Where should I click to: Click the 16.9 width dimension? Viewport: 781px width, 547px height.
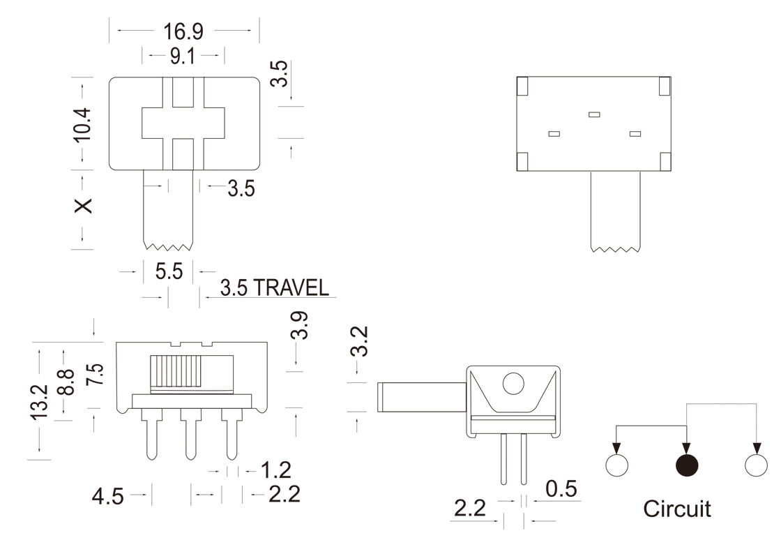pos(183,31)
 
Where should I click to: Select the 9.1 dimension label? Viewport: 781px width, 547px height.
pos(182,57)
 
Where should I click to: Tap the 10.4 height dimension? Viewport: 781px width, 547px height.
pos(83,125)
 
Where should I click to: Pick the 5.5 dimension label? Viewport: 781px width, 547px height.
pos(169,270)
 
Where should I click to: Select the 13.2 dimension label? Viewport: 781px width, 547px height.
pos(40,402)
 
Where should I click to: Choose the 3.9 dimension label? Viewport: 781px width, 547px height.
pos(300,325)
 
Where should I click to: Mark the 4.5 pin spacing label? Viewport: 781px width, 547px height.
pos(108,497)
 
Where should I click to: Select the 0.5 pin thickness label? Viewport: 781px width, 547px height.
pos(561,490)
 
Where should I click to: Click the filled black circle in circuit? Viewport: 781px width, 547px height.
pos(687,465)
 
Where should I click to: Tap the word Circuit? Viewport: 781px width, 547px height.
pos(677,509)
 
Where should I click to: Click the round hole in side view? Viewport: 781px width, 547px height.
pos(513,384)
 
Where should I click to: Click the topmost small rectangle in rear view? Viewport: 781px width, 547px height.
pos(594,114)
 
